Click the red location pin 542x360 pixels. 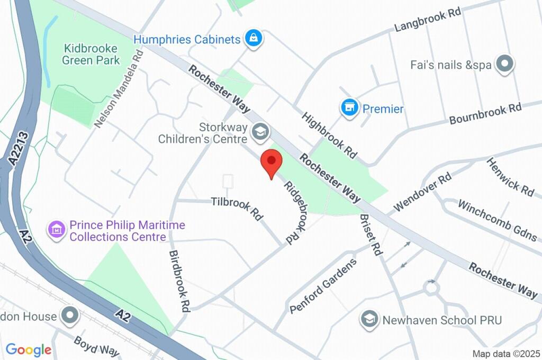(272, 161)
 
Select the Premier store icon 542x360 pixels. (348, 109)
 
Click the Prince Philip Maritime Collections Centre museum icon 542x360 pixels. (56, 230)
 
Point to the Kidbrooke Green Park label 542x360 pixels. (91, 53)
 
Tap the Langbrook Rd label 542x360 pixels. (428, 20)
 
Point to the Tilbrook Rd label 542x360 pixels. (237, 208)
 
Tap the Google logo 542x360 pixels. (29, 350)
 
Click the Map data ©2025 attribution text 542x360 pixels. (506, 354)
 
